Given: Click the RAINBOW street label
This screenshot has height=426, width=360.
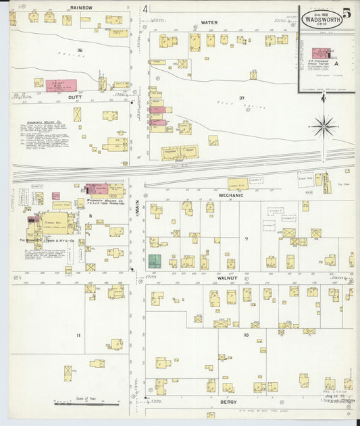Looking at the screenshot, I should point(81,7).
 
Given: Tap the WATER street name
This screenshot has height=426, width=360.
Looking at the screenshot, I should point(209,22).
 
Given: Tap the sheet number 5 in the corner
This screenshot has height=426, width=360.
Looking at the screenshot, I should point(346,13).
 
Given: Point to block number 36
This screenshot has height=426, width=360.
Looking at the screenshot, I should point(80,51).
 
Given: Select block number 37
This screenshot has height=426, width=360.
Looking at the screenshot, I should point(240,98).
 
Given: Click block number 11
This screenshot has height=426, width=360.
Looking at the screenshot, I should point(78,335).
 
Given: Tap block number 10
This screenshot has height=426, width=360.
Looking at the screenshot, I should point(246,335).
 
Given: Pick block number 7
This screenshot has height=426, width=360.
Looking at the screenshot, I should point(247,238).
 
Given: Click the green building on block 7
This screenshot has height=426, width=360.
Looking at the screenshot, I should point(155,261).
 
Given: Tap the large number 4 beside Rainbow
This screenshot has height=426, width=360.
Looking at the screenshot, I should point(145,9).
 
